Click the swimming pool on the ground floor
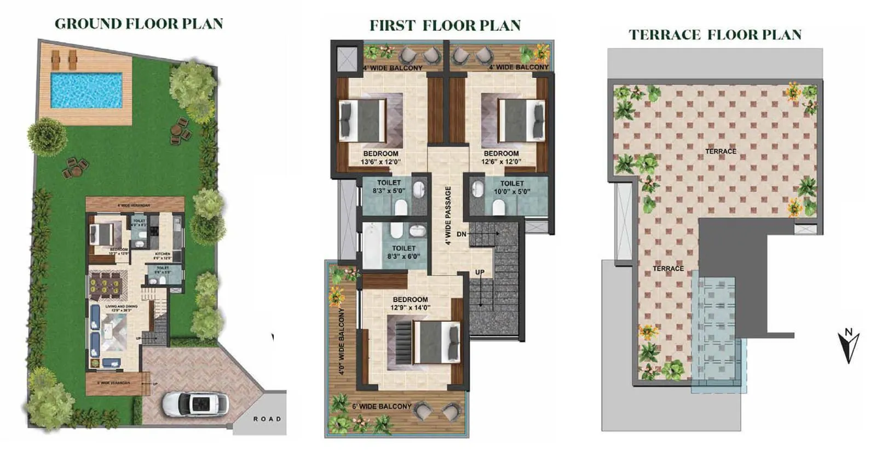coord(86,90)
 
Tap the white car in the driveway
coord(195,404)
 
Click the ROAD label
coord(267,419)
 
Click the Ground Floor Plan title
coord(139,24)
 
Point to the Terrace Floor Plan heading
coord(715,35)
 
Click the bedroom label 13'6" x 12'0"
coord(381,158)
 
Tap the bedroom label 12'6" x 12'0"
coord(501,158)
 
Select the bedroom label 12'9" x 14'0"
coord(410,304)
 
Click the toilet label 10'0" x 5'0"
coord(512,187)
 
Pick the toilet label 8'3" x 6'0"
coord(404,252)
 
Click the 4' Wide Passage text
coord(448,215)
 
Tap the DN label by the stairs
coord(462,234)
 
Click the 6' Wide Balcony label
coord(382,406)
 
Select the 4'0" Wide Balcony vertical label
coord(342,341)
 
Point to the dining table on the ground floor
coord(108,284)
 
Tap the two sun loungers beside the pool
coord(64,56)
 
